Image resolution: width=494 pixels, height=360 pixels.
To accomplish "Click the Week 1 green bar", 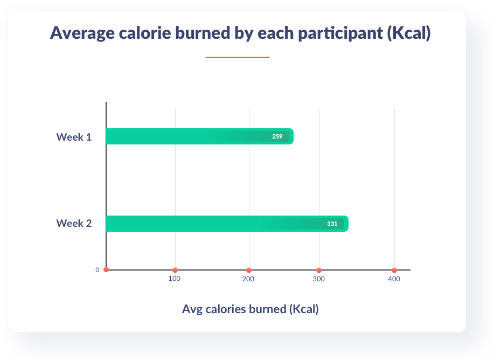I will pos(189,136).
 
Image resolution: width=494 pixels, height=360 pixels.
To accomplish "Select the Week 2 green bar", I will pos(215,224).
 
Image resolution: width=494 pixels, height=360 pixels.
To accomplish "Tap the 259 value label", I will pos(277,136).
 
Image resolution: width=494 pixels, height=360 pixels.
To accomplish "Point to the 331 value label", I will pos(332,224).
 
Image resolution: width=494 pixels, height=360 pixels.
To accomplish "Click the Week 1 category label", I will pos(74,137).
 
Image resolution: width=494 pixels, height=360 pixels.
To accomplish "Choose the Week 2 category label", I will pos(74,223).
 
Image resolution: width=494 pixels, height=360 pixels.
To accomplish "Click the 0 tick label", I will pos(98,270).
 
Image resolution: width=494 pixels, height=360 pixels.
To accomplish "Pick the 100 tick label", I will pos(174,279).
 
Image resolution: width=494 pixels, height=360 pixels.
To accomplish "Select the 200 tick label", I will pos(248,279).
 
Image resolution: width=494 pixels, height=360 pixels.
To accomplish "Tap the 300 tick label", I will pos(319,279).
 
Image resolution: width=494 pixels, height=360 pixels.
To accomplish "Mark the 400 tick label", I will pos(394,279).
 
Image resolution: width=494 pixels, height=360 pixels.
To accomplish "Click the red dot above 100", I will pos(175,270).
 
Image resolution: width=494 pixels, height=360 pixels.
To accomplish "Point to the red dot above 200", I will pos(248,270).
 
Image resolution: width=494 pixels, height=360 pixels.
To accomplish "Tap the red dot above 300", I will pos(319,270).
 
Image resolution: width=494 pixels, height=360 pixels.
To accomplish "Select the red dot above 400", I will pos(394,270).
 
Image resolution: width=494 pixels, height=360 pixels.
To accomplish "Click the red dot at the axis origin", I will pos(106,269).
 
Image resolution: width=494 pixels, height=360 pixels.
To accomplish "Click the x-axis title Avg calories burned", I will pos(250,309).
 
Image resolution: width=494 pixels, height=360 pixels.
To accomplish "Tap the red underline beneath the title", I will pos(237,57).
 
